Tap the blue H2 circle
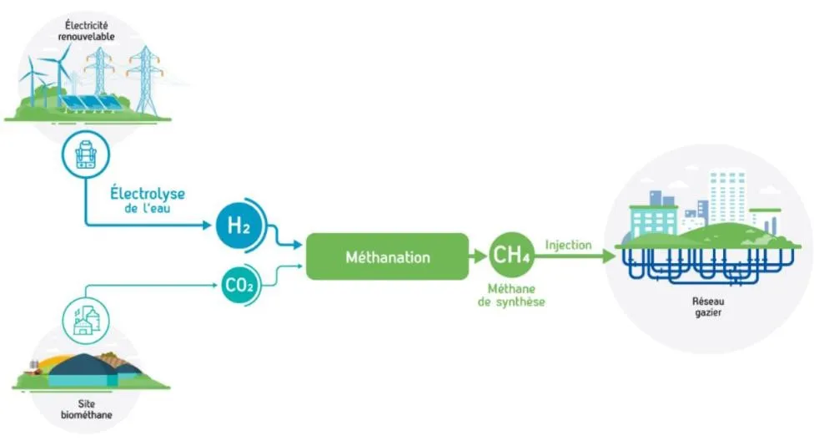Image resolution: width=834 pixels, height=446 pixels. (x=240, y=225)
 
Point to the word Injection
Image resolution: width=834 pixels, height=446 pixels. (x=568, y=246)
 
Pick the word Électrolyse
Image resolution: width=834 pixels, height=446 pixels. (x=148, y=195)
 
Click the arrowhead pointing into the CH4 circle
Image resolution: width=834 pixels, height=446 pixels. (x=480, y=256)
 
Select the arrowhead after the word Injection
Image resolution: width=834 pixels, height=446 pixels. (x=608, y=257)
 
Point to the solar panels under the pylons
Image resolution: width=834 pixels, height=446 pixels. (x=83, y=103)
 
